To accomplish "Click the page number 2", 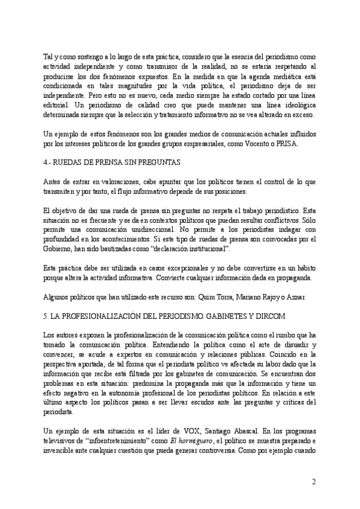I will click(x=314, y=481).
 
